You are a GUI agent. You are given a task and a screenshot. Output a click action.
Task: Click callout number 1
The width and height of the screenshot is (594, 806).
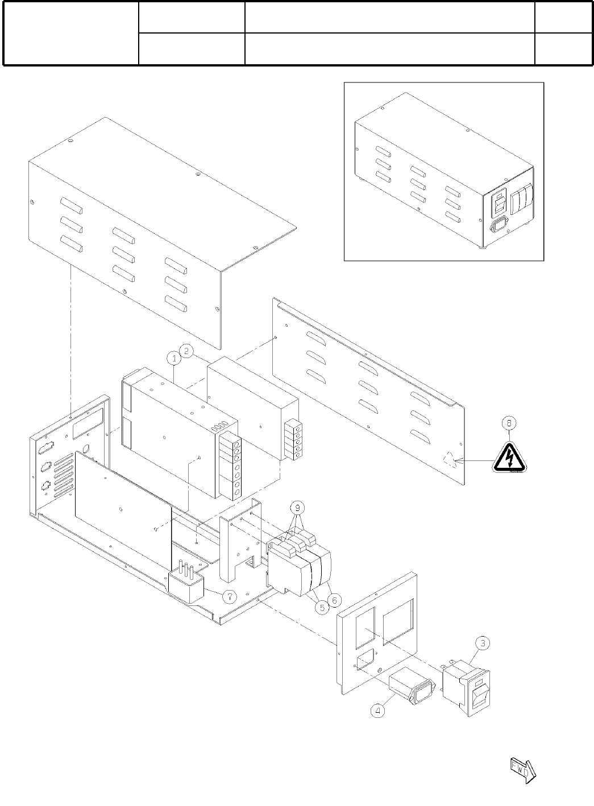click(173, 358)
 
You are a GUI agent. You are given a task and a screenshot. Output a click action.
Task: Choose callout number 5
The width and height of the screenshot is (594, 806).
click(322, 608)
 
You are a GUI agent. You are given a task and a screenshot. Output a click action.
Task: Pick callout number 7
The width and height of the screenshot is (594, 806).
click(229, 597)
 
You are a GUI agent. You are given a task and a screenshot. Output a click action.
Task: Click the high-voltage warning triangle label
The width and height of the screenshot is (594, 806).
click(509, 457)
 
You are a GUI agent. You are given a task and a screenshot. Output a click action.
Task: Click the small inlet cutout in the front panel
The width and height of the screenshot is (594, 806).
click(364, 660)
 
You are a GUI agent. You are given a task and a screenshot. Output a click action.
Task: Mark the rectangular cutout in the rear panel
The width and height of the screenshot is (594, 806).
click(88, 419)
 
